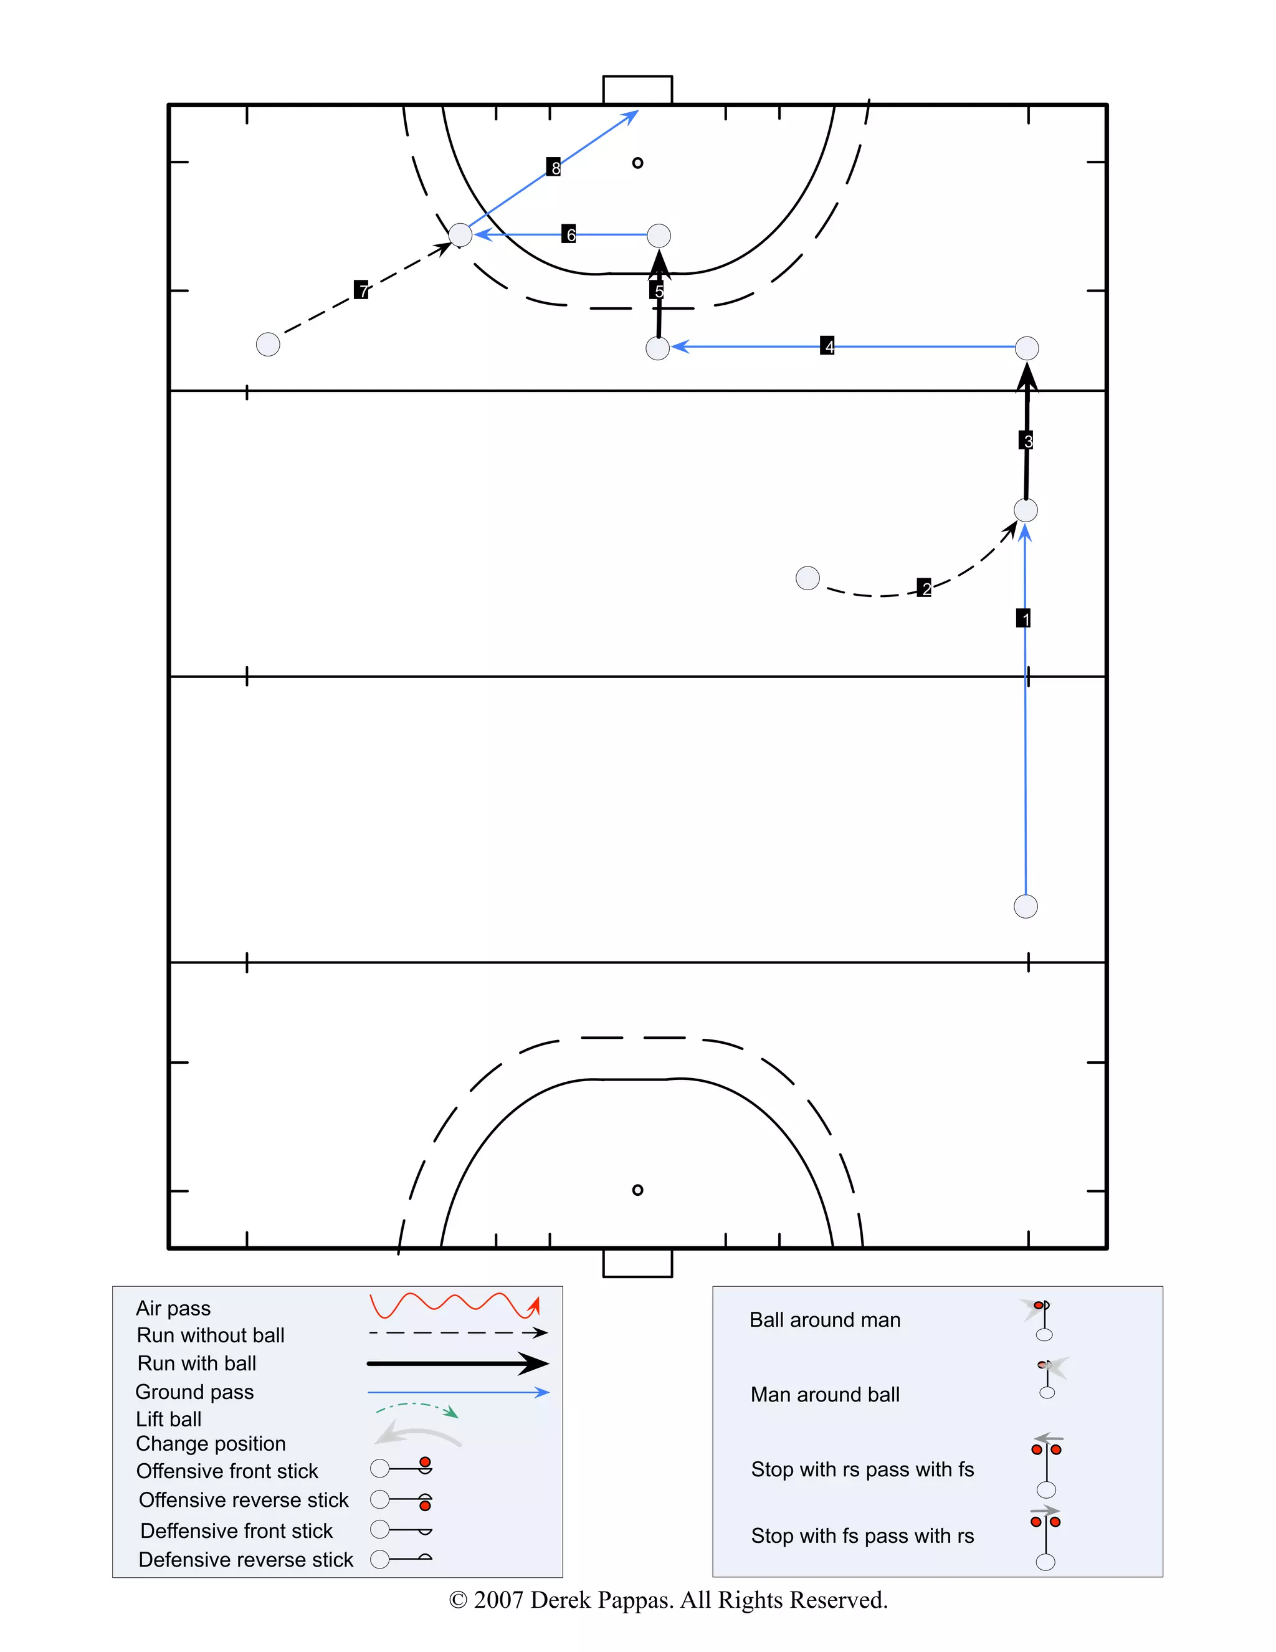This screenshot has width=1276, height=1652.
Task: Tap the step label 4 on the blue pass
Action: pos(827,346)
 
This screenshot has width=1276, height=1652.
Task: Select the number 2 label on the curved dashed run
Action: pos(924,588)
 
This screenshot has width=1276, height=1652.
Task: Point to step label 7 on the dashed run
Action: pos(361,289)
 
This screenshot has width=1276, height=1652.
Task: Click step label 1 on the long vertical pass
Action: pos(1024,618)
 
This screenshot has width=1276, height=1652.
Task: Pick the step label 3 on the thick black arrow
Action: pos(1026,440)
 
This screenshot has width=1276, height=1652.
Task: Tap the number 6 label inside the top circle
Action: pos(569,234)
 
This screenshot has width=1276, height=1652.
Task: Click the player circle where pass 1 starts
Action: pos(1026,906)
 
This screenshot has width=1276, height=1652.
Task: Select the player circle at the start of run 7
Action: pos(268,344)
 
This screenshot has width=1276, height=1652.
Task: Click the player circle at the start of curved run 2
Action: pos(808,578)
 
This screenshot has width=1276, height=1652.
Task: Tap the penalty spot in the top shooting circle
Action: pos(637,163)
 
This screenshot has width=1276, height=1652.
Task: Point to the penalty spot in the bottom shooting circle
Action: pos(637,1190)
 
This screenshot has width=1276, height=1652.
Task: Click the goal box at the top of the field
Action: pos(637,89)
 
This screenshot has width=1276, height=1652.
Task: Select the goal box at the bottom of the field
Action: pos(637,1263)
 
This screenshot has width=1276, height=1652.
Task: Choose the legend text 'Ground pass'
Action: pos(194,1392)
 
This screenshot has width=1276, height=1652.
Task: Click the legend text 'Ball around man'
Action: pos(824,1320)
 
